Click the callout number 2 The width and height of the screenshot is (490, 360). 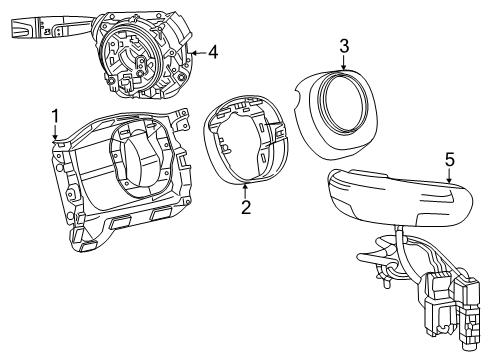[244, 208]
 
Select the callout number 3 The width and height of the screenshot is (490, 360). [343, 45]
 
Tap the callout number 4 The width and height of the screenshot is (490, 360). [212, 52]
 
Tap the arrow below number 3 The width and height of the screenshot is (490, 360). [343, 66]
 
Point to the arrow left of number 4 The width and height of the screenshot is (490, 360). [194, 52]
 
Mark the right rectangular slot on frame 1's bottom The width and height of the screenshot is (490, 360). [161, 215]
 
